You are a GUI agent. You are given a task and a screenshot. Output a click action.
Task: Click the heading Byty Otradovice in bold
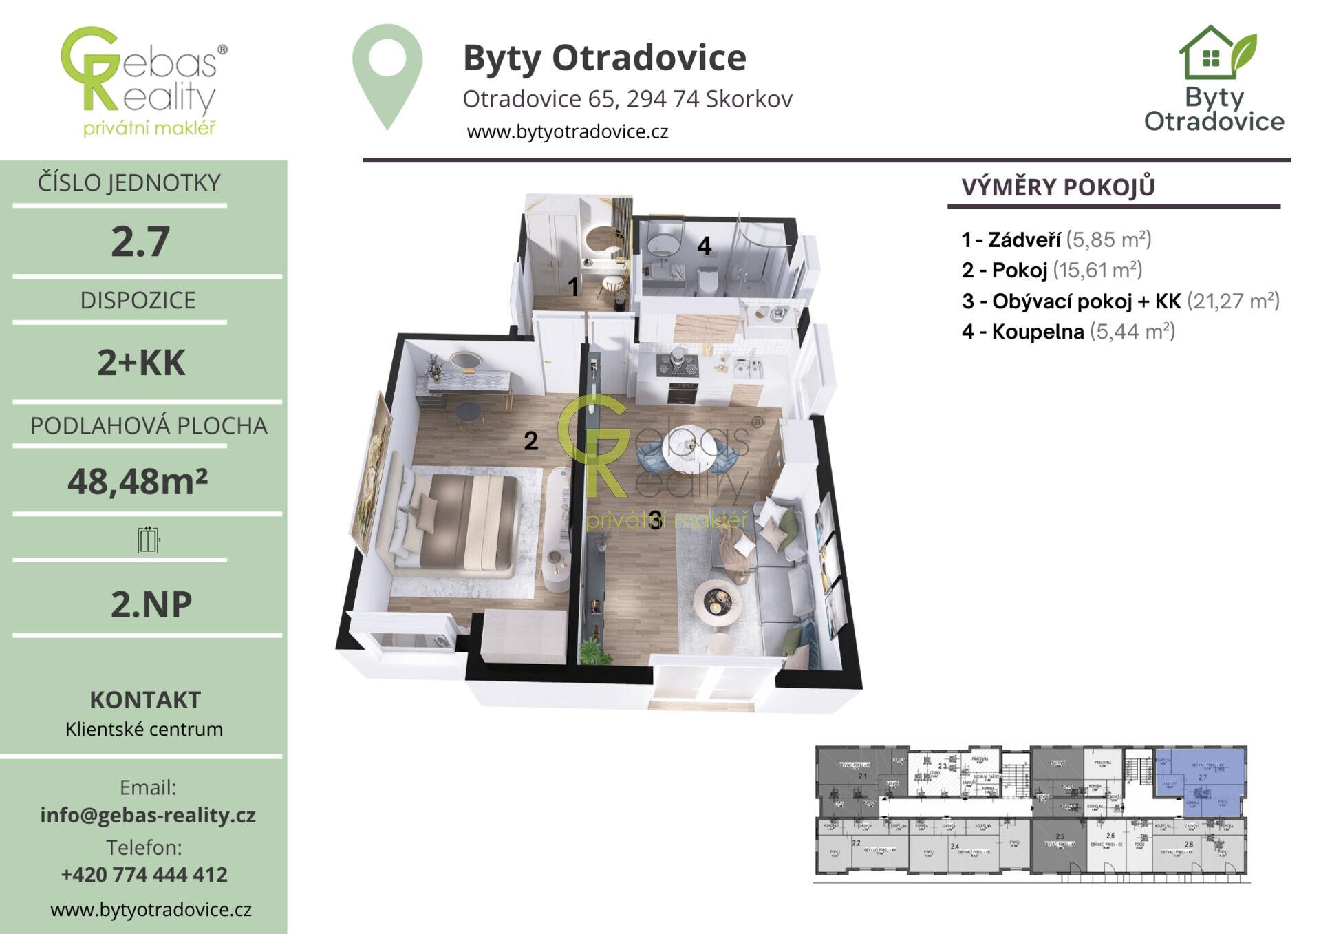[x=604, y=57]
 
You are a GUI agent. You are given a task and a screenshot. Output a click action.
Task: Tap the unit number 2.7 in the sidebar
[x=140, y=242]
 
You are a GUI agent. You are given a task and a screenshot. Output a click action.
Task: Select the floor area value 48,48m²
[x=138, y=481]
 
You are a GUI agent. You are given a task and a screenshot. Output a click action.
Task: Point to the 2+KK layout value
[x=141, y=363]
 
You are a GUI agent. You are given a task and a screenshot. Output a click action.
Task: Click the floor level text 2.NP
[x=151, y=604]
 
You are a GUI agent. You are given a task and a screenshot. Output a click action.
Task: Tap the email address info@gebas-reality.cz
[x=148, y=815]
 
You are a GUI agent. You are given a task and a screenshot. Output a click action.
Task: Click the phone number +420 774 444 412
[x=144, y=874]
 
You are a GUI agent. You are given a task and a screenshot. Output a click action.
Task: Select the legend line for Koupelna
[x=1068, y=332]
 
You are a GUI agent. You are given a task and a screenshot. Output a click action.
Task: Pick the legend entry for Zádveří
[x=1056, y=240]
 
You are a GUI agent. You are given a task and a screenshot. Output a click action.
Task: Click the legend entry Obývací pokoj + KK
[x=1120, y=301]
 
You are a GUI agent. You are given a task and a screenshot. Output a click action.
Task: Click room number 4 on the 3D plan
[x=704, y=246]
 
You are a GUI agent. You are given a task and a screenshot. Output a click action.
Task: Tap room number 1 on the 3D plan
[x=573, y=287]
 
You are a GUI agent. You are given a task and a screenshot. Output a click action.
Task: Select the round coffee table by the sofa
[x=718, y=601]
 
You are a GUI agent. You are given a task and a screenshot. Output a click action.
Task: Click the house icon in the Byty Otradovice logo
[x=1210, y=54]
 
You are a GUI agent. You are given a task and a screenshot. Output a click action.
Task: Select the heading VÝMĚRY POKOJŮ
[x=1057, y=187]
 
